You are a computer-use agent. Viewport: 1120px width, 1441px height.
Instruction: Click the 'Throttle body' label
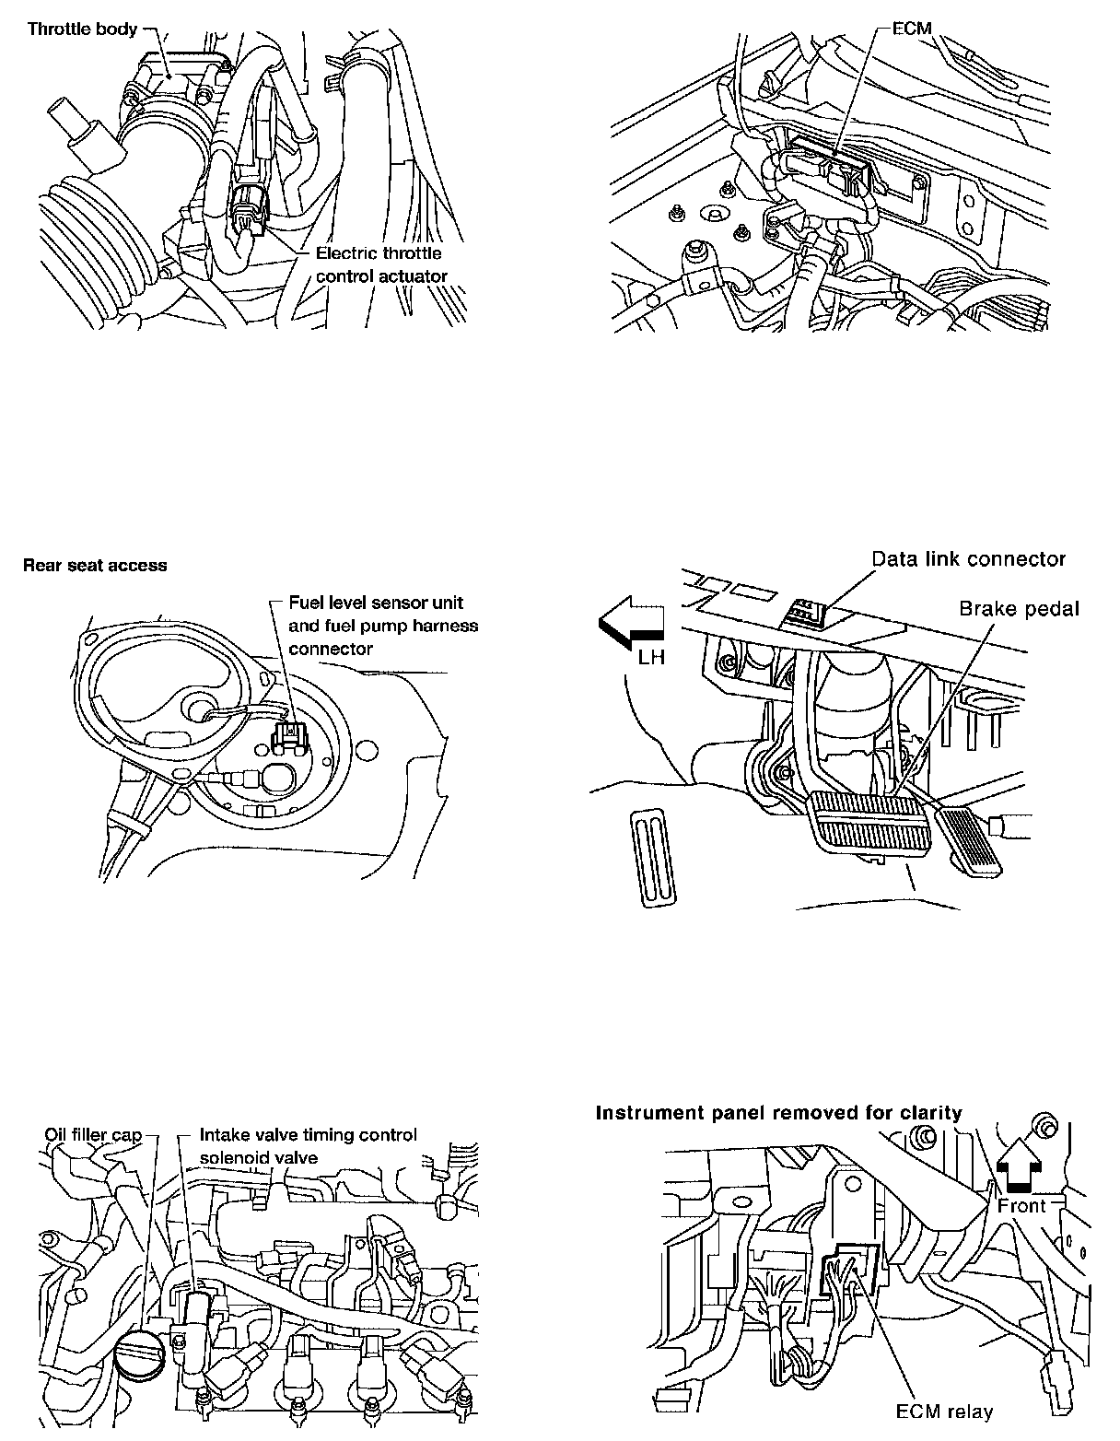[82, 29]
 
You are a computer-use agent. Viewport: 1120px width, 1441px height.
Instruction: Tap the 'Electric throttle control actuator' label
[380, 264]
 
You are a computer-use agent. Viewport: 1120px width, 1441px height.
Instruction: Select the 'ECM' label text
[913, 29]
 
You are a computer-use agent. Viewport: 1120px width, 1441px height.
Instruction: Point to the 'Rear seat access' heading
[95, 566]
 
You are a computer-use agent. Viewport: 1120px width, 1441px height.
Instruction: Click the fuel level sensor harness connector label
[383, 626]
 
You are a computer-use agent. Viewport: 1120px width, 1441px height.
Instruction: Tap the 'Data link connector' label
[968, 558]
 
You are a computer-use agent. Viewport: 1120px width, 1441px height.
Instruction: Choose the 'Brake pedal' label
[1019, 608]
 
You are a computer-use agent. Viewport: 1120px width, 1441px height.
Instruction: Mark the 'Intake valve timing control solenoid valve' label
[308, 1145]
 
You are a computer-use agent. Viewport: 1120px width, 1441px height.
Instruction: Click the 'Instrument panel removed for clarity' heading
[778, 1112]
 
